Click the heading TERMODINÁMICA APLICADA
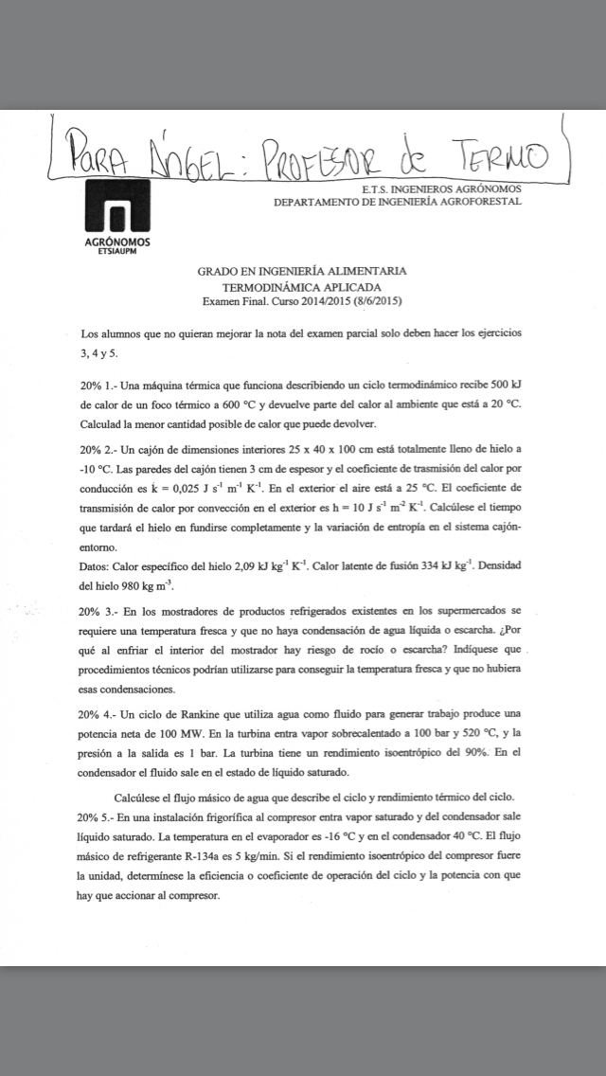click(302, 287)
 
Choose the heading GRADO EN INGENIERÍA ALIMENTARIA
click(302, 272)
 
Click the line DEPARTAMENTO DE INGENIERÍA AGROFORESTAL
click(398, 202)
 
